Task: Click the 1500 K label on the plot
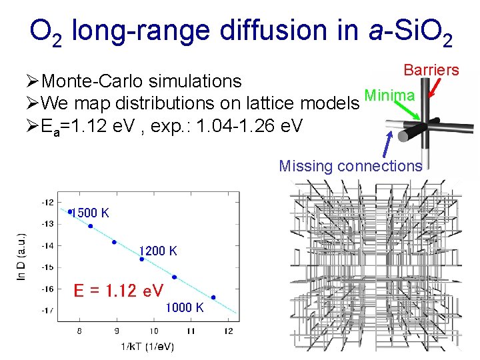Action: tap(91, 213)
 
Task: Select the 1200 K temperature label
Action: tap(158, 251)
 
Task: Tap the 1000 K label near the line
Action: tap(185, 307)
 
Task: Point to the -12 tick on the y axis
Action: tap(48, 202)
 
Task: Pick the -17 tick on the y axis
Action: tap(48, 311)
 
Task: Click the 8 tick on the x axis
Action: tap(80, 331)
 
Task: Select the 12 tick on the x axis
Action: tap(227, 331)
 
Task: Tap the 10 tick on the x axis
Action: tap(153, 331)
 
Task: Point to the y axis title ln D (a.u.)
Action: tap(21, 256)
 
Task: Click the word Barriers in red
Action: tap(431, 70)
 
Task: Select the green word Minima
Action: tap(390, 96)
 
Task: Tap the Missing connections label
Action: tap(350, 166)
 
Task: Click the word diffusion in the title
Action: tap(272, 31)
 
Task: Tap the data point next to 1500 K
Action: tap(70, 212)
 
